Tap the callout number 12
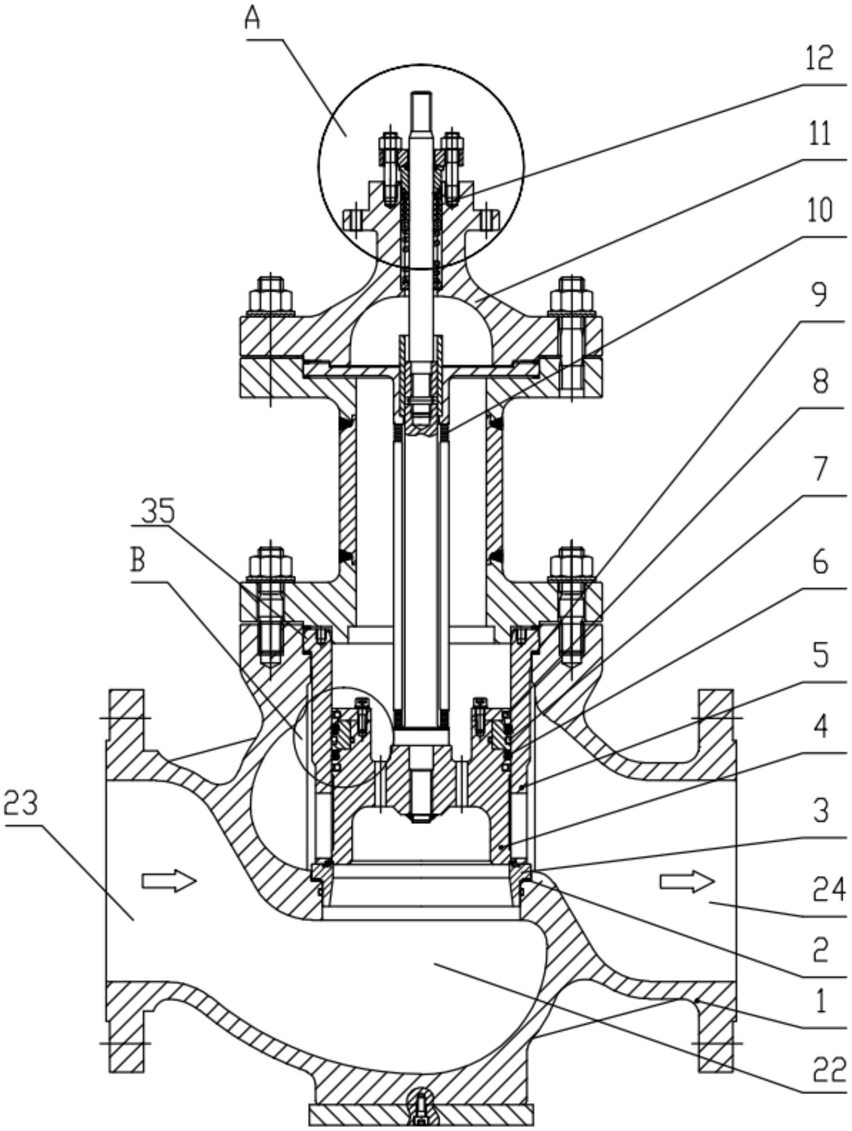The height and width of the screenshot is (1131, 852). [819, 58]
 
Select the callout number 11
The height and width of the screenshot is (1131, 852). [819, 134]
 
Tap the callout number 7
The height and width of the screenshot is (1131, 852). [820, 469]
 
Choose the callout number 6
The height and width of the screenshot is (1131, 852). [820, 563]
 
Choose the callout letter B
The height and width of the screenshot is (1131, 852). [138, 560]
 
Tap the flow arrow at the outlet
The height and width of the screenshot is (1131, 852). [687, 881]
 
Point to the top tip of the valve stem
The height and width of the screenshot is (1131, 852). [421, 93]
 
